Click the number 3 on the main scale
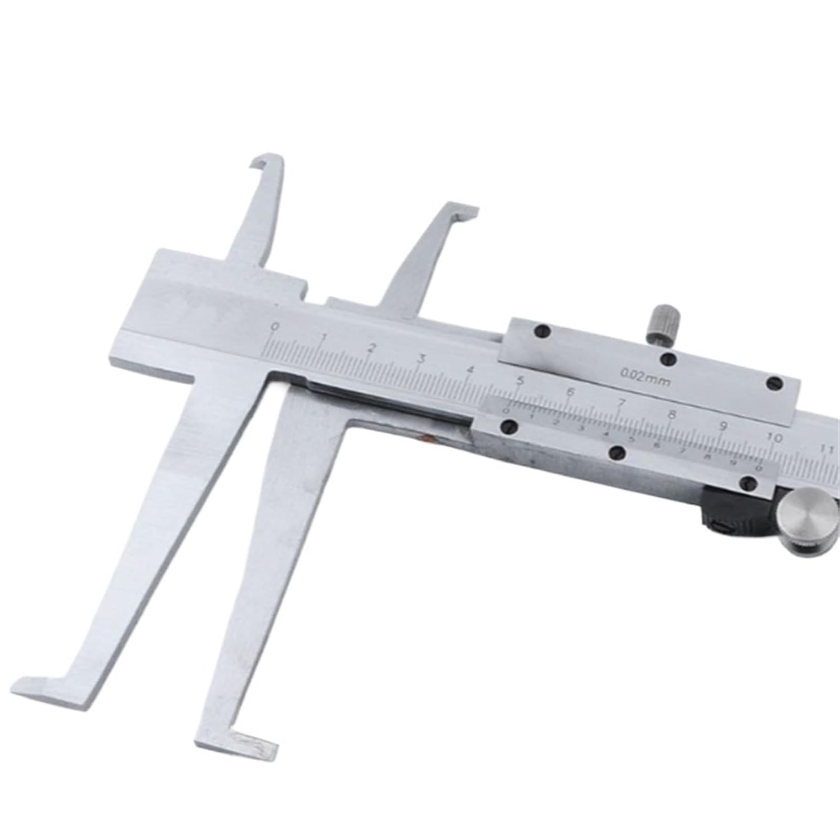point(421,359)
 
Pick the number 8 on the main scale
point(672,415)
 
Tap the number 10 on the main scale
point(775,437)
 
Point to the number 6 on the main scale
point(571,392)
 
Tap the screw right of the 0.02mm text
point(774,384)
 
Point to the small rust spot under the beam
point(428,437)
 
